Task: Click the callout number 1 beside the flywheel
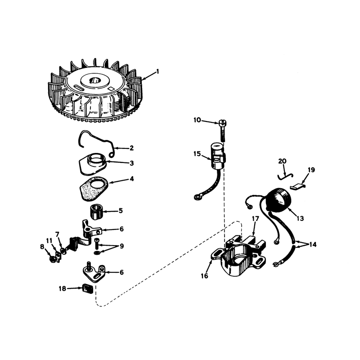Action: (157, 72)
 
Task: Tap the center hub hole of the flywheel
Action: (95, 81)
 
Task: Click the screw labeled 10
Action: (222, 130)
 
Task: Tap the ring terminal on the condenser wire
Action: (197, 197)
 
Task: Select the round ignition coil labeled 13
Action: (279, 200)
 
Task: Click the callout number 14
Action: (313, 245)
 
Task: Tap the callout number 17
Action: (255, 219)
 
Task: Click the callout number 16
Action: (204, 276)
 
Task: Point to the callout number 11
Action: (49, 241)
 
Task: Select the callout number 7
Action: (57, 234)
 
